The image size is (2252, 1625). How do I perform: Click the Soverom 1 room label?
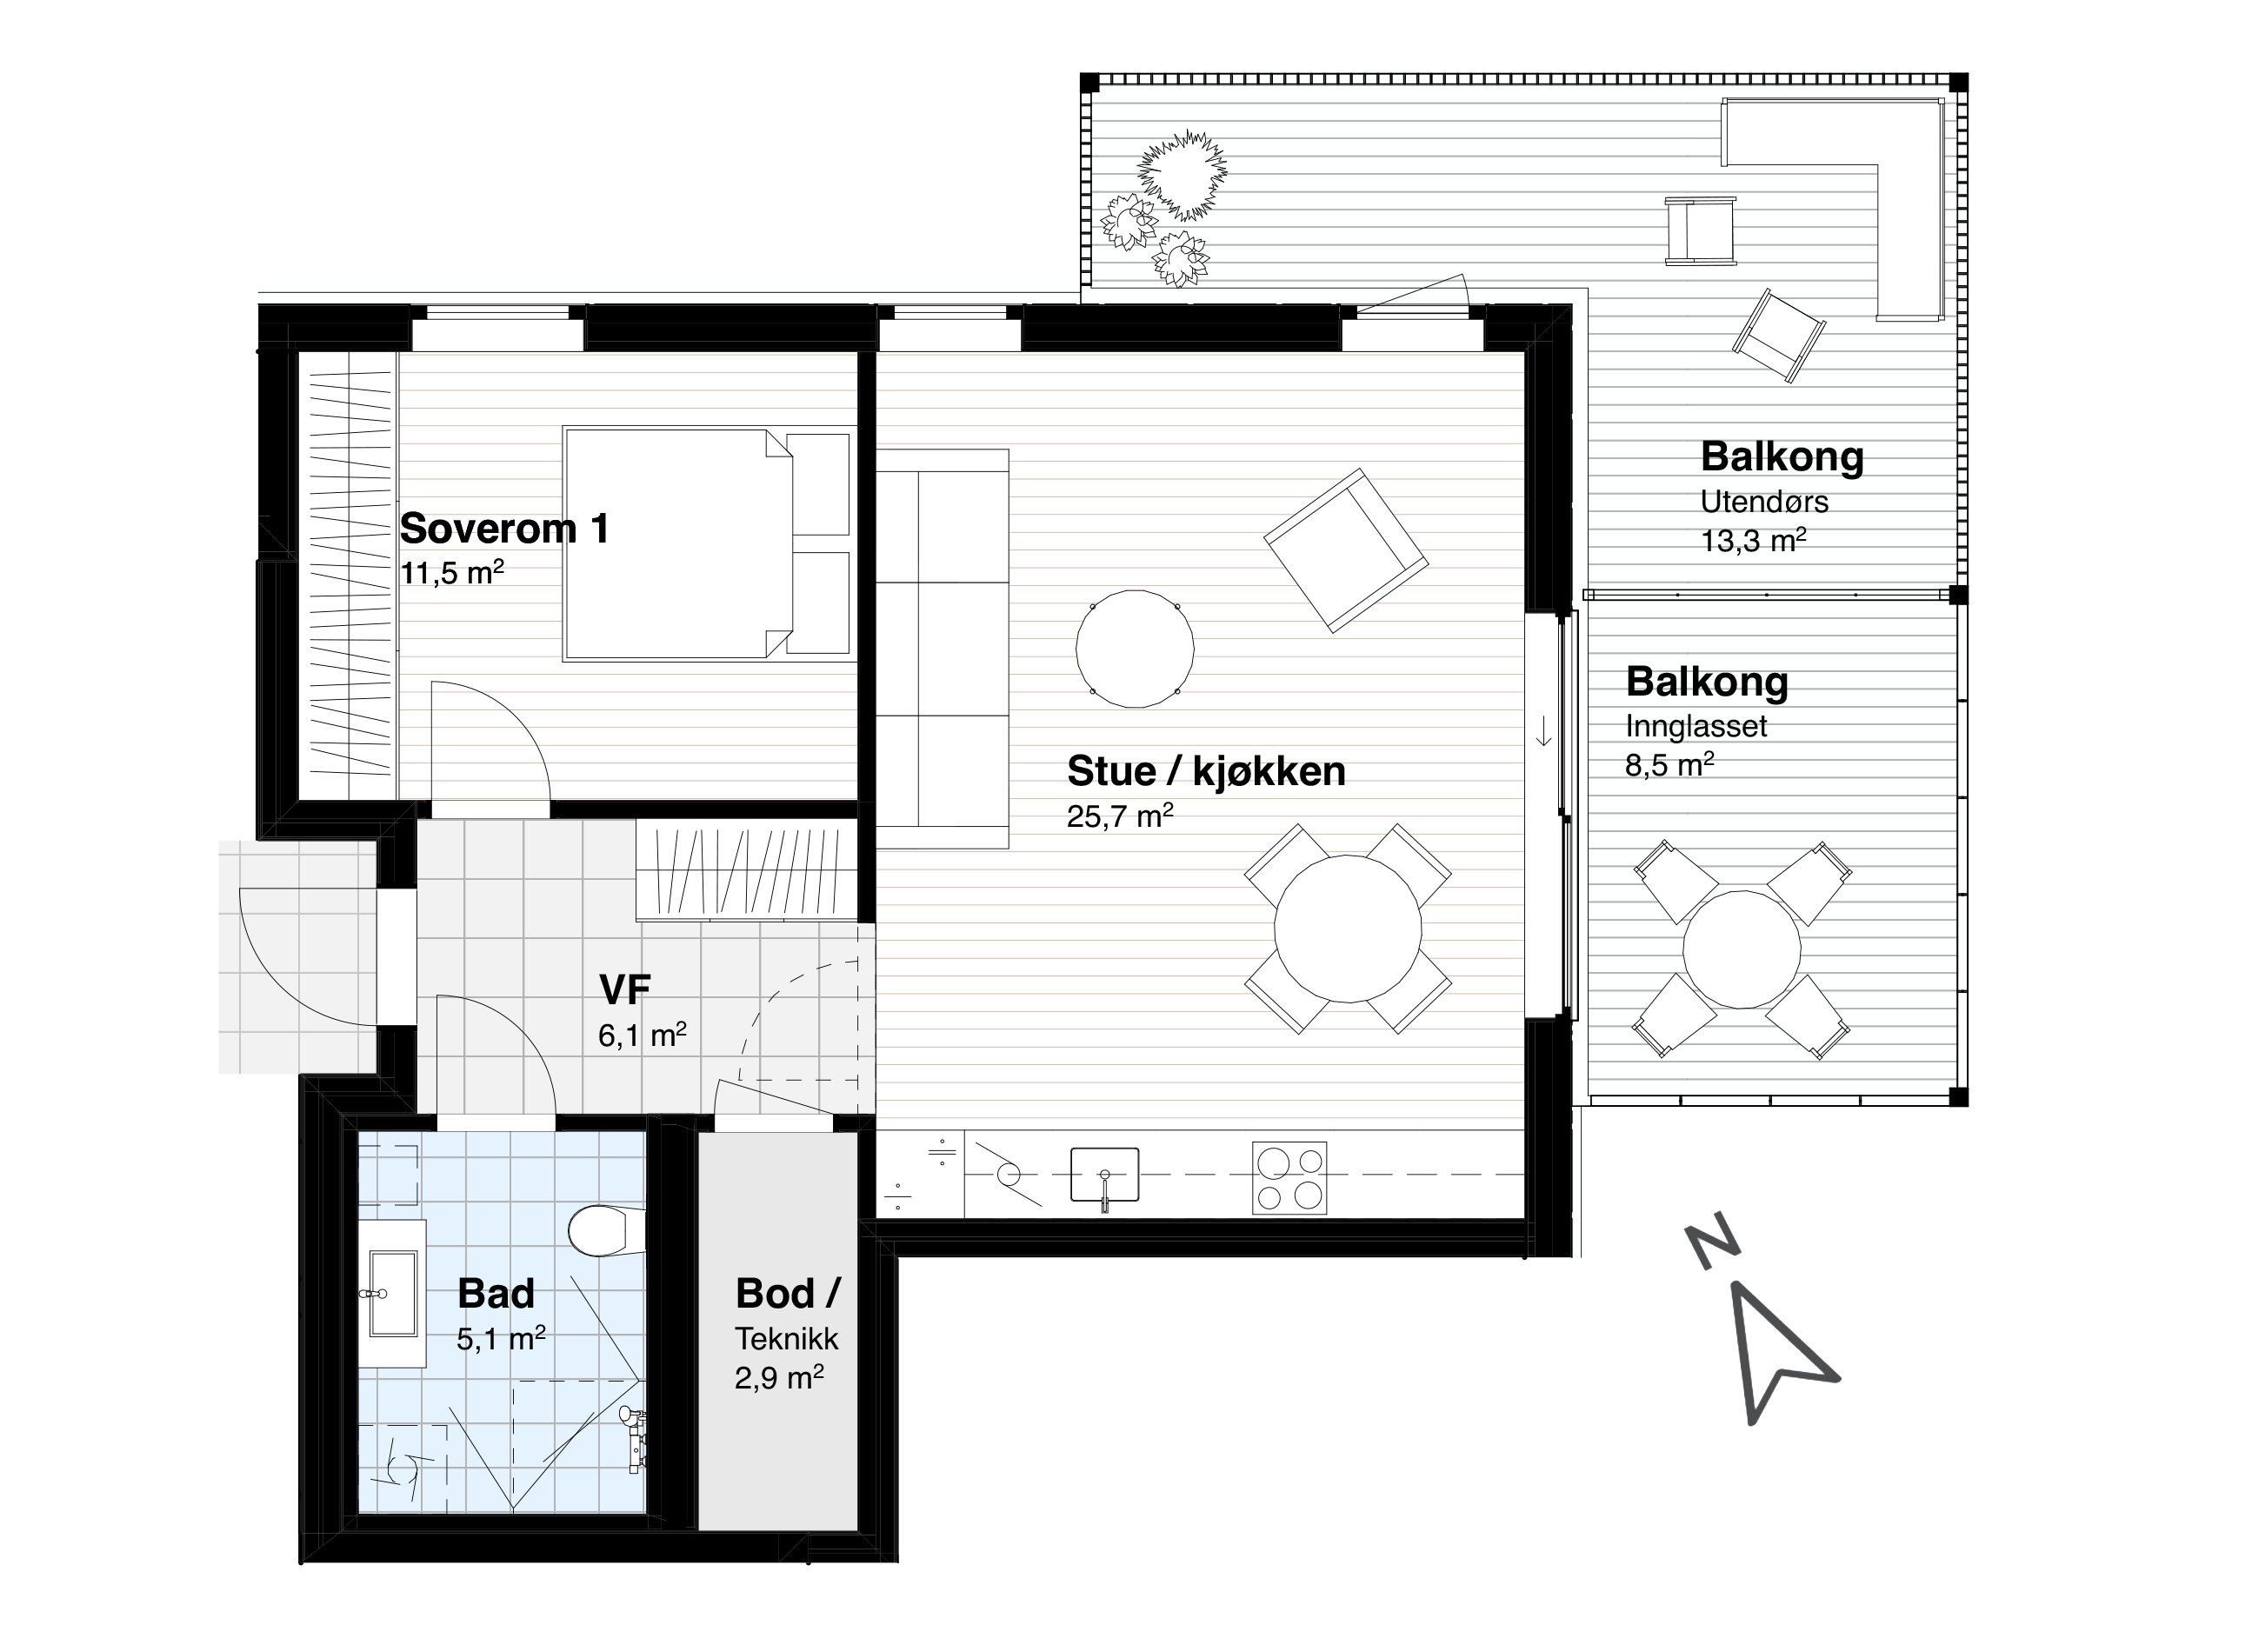click(x=504, y=529)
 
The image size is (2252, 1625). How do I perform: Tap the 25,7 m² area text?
click(x=1120, y=816)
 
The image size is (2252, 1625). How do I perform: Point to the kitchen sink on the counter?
click(x=1104, y=1177)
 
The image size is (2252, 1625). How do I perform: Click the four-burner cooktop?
click(x=1289, y=1178)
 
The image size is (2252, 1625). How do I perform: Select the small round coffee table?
click(x=1135, y=649)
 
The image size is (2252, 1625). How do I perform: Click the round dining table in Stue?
click(x=1348, y=929)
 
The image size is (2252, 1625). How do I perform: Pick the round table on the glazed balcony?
click(x=1742, y=949)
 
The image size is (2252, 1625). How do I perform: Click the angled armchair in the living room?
click(x=1345, y=550)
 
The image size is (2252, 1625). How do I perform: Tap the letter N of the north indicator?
click(x=1713, y=1247)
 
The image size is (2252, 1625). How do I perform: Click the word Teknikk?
click(x=786, y=1338)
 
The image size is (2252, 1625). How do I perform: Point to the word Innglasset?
click(x=1696, y=727)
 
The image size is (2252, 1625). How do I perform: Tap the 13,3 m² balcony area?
click(x=1754, y=540)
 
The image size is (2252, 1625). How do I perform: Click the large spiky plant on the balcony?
click(x=1182, y=175)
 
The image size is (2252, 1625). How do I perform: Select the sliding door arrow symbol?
click(x=1544, y=731)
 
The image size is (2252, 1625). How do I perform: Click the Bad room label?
click(x=496, y=1294)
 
